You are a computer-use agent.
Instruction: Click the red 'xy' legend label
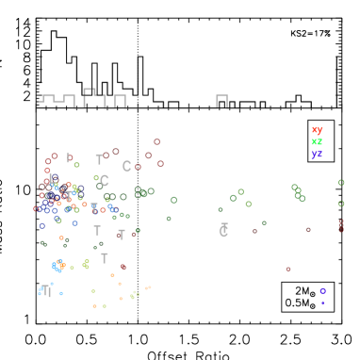point(317,130)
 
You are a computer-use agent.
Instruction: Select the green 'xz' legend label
point(317,141)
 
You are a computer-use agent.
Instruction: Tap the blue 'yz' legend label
point(317,153)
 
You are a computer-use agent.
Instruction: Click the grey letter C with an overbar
point(223,230)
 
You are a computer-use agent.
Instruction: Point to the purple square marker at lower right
point(322,291)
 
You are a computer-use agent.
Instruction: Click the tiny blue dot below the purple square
point(322,303)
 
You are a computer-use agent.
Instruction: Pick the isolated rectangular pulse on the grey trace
point(221,100)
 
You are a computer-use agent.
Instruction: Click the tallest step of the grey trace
point(89,92)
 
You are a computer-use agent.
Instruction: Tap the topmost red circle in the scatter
point(156,141)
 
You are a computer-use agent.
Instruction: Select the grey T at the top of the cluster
point(99,159)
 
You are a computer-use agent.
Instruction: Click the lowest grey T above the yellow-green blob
point(105,258)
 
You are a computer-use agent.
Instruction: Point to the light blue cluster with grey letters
point(45,291)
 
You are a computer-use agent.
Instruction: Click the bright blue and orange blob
point(58,266)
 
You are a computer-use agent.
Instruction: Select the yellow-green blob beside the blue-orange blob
point(86,264)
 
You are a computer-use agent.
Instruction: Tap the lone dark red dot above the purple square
point(288,269)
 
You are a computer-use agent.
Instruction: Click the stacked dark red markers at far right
point(341,225)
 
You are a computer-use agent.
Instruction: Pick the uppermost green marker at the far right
point(341,183)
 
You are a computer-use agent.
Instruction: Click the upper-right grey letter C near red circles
point(126,166)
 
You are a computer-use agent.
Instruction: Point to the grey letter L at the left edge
point(51,178)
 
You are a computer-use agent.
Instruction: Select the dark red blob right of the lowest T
point(123,267)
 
